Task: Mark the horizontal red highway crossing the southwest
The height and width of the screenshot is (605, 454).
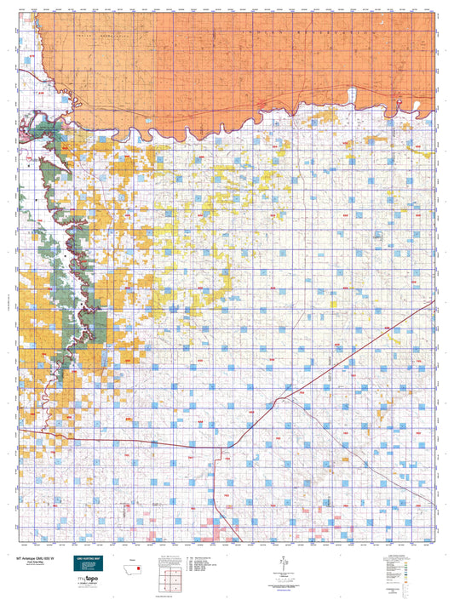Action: pyautogui.click(x=128, y=442)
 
